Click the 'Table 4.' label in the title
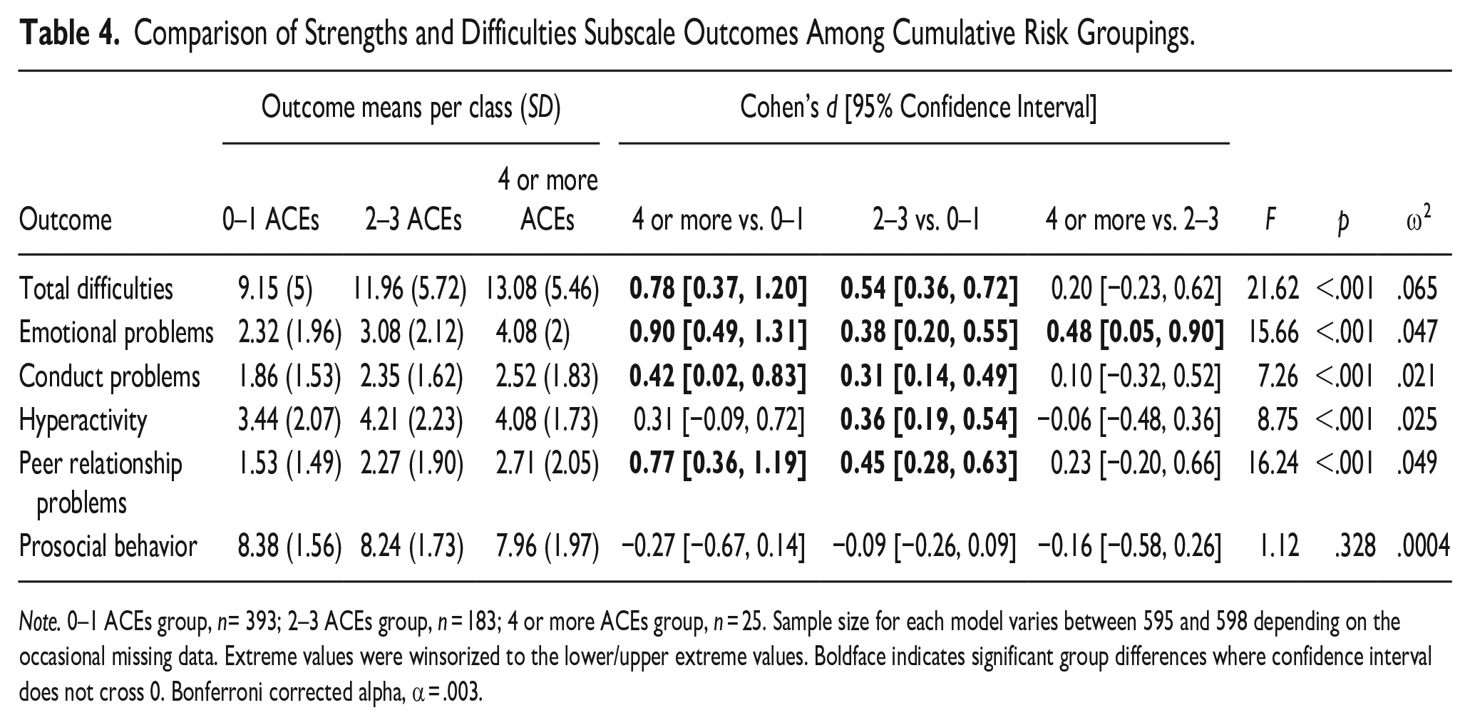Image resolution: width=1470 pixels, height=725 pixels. click(68, 33)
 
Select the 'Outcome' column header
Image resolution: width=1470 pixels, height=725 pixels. click(66, 220)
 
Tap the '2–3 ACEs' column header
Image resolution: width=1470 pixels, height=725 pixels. click(413, 220)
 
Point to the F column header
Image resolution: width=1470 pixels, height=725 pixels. click(1270, 220)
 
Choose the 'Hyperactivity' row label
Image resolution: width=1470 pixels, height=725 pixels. click(83, 421)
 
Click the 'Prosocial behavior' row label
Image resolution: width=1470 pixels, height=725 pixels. click(108, 546)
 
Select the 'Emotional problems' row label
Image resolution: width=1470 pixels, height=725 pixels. click(116, 333)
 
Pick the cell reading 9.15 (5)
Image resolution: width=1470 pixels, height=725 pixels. click(274, 289)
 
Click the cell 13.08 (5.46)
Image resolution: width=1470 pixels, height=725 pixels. click(542, 289)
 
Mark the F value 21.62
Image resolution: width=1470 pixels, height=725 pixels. click(1273, 289)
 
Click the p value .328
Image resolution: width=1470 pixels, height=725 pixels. click(1355, 547)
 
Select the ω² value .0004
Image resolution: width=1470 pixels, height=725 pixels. click(1423, 547)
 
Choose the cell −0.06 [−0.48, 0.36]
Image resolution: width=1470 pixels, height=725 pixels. click(1129, 421)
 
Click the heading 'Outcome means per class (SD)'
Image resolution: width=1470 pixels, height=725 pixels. click(411, 108)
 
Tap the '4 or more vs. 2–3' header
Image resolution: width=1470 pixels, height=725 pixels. click(1132, 220)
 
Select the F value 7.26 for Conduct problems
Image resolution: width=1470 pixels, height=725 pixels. click(1278, 376)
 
